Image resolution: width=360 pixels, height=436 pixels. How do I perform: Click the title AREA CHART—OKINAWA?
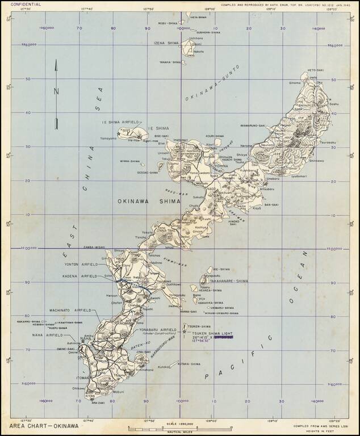pyautogui.click(x=40, y=425)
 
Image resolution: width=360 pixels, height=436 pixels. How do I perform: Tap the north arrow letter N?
pyautogui.click(x=56, y=90)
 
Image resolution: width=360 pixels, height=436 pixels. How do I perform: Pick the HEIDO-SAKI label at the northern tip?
pyautogui.click(x=315, y=70)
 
